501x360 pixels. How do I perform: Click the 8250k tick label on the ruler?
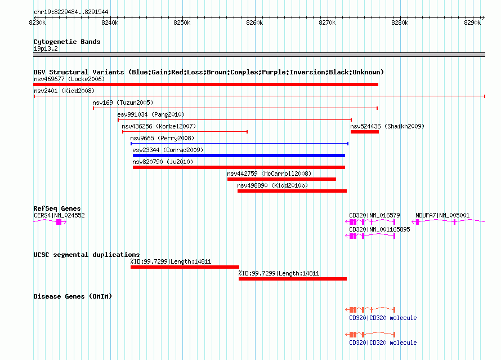(x=182, y=23)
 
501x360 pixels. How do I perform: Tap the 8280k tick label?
(x=400, y=23)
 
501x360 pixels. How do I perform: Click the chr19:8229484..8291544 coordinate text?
(x=71, y=12)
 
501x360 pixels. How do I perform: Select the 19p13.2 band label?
(x=46, y=48)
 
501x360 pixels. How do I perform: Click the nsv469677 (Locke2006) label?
(x=69, y=79)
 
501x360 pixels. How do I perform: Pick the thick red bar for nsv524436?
(x=365, y=132)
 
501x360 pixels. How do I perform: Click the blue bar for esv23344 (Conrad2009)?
(x=239, y=155)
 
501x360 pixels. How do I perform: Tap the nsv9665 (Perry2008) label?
(x=162, y=138)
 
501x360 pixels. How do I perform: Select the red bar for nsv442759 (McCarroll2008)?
(x=281, y=179)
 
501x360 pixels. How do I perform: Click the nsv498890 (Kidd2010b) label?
(x=272, y=185)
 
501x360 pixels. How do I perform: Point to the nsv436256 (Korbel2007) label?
(x=159, y=126)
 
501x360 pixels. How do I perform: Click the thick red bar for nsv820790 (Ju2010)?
(x=239, y=167)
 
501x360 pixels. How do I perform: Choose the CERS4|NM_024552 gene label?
(x=59, y=215)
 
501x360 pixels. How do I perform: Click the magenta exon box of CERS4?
(x=59, y=222)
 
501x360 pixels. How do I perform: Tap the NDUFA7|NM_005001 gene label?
(x=442, y=215)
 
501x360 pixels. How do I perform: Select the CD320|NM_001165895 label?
(x=379, y=229)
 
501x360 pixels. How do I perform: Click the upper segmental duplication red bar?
(x=185, y=267)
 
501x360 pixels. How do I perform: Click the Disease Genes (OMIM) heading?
(x=73, y=296)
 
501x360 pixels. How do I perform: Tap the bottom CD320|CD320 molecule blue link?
(x=383, y=343)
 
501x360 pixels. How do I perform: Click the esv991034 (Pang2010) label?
(x=151, y=114)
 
